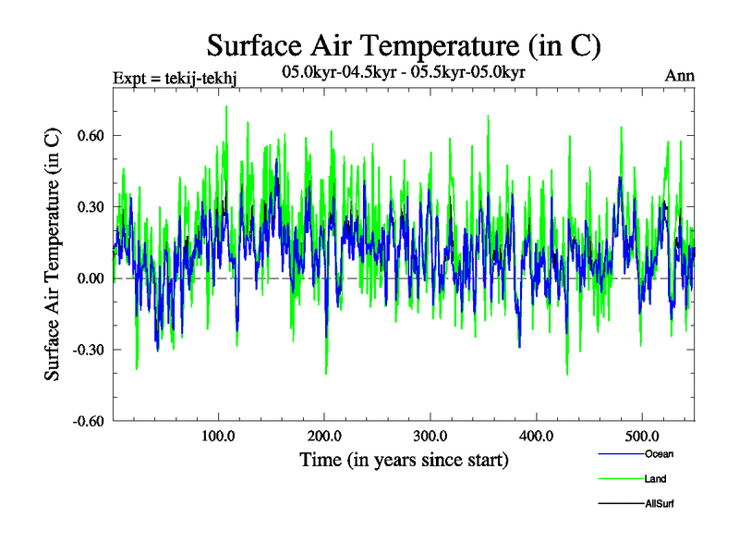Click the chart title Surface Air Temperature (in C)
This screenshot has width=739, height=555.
[x=404, y=44]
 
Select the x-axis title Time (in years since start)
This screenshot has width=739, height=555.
[x=404, y=459]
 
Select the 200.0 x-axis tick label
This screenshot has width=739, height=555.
[x=323, y=437]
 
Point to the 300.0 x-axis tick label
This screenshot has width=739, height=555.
[x=430, y=437]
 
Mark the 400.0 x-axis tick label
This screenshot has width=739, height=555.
[x=536, y=437]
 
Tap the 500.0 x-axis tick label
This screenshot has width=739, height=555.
[x=642, y=437]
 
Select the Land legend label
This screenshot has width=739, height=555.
[x=655, y=478]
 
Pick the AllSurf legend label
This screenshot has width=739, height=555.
[x=659, y=503]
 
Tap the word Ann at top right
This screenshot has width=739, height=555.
[x=679, y=75]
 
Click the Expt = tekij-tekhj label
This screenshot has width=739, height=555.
[x=175, y=77]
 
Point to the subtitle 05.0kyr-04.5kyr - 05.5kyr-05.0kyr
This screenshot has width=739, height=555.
[x=403, y=71]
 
